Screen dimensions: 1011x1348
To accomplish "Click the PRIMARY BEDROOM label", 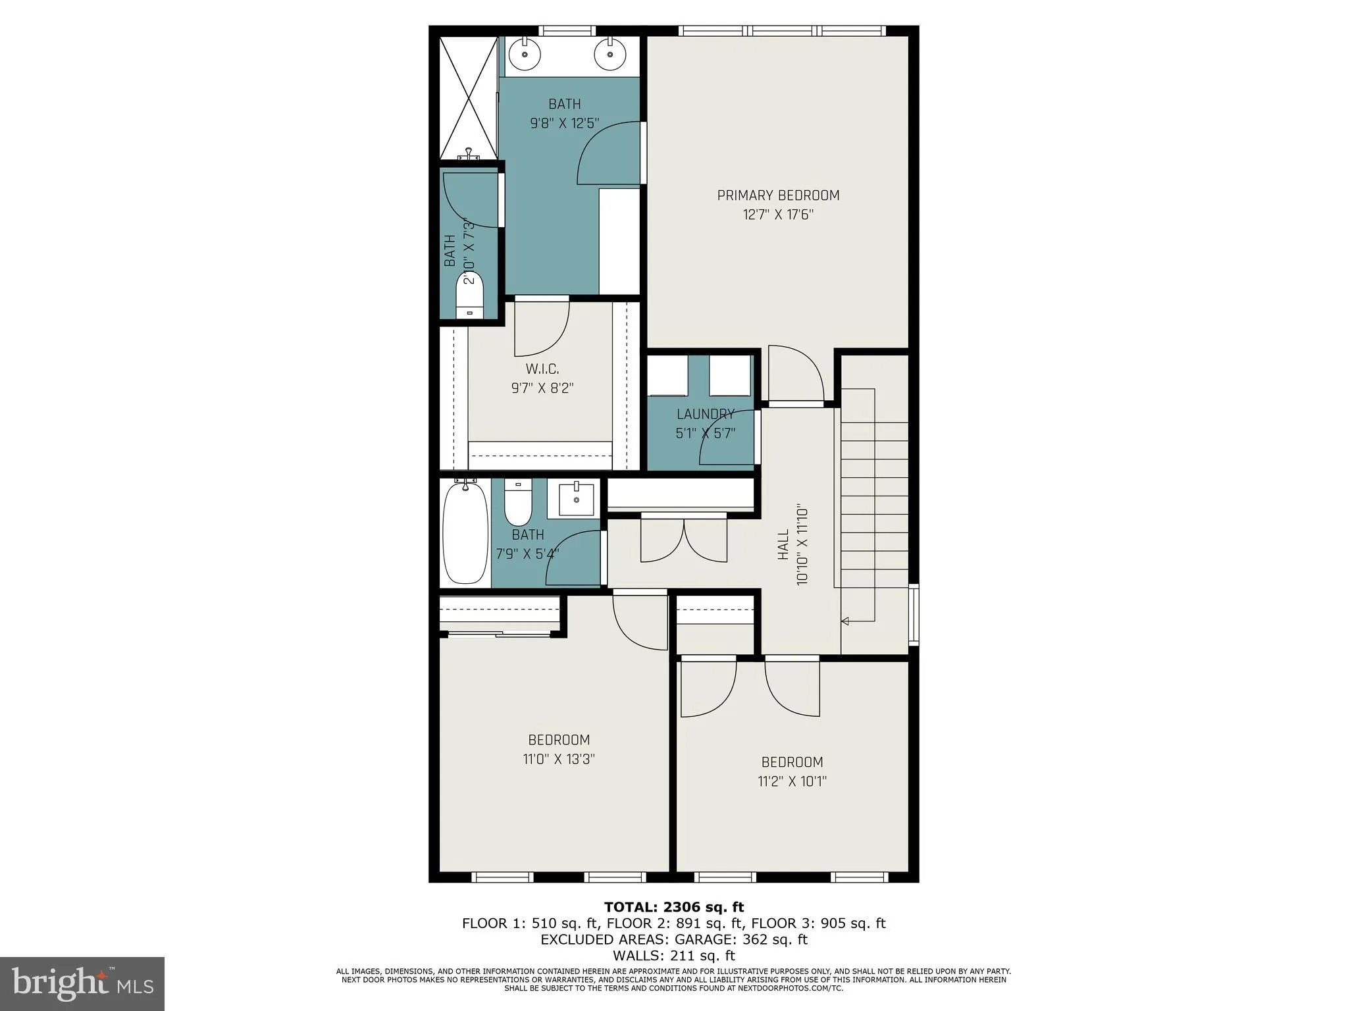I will click(x=778, y=195).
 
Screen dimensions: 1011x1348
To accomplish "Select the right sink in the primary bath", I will click(x=609, y=55).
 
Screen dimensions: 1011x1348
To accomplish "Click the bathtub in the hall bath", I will click(x=465, y=534).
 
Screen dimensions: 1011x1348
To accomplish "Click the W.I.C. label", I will click(x=542, y=369).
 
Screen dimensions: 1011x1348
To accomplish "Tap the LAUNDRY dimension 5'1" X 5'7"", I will click(x=705, y=434).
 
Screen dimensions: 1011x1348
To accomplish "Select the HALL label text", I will click(x=783, y=545).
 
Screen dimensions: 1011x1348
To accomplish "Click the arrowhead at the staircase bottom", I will click(x=845, y=621).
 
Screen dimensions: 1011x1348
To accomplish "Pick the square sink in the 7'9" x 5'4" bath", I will click(x=577, y=500).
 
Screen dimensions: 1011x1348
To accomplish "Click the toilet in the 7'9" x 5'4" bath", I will click(x=517, y=503).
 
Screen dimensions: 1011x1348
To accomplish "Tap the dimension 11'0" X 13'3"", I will click(x=559, y=759).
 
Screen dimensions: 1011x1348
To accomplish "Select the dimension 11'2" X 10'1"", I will click(x=792, y=781).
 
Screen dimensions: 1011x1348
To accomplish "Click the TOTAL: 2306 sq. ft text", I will click(x=674, y=908).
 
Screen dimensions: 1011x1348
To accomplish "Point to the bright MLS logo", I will click(x=82, y=983).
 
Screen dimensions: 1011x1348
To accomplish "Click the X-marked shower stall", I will click(x=468, y=98).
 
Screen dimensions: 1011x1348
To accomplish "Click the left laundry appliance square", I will click(x=667, y=375).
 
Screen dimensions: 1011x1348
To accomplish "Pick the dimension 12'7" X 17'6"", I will click(x=778, y=215).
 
